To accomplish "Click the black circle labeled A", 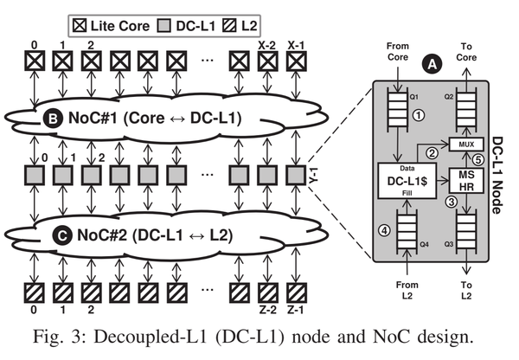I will point(428,63).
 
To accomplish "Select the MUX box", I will point(465,144).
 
